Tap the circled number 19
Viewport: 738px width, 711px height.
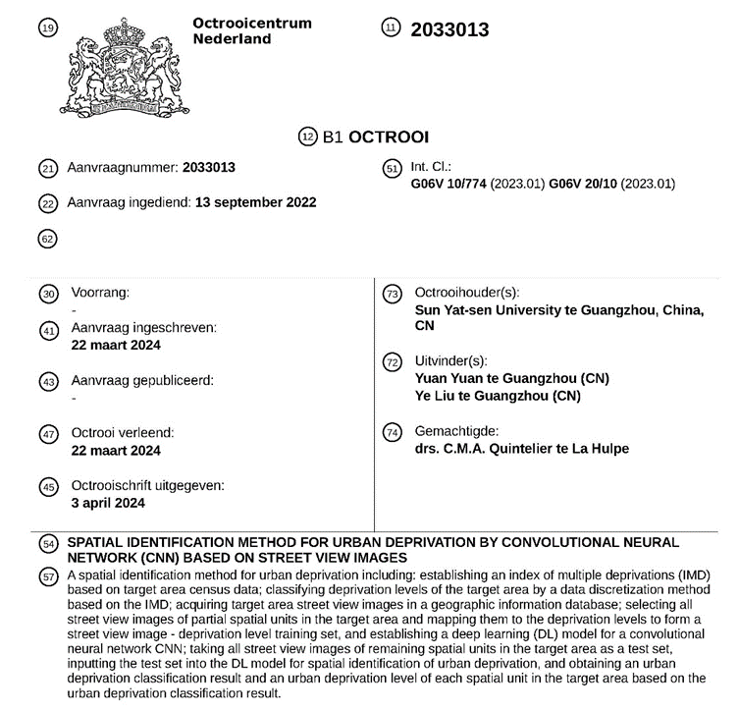click(x=46, y=28)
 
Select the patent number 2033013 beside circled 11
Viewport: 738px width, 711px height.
click(x=449, y=30)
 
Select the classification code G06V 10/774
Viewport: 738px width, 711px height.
click(x=450, y=184)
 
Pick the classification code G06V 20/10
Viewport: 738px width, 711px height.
click(x=584, y=184)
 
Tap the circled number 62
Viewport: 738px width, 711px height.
click(x=46, y=237)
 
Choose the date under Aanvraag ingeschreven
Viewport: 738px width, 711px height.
click(x=116, y=345)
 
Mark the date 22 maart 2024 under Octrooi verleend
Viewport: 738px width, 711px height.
click(x=116, y=450)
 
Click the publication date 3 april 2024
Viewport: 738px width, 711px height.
click(x=108, y=503)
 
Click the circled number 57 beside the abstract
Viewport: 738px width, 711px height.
click(x=46, y=576)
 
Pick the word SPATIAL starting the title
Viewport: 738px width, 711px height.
click(x=96, y=542)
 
